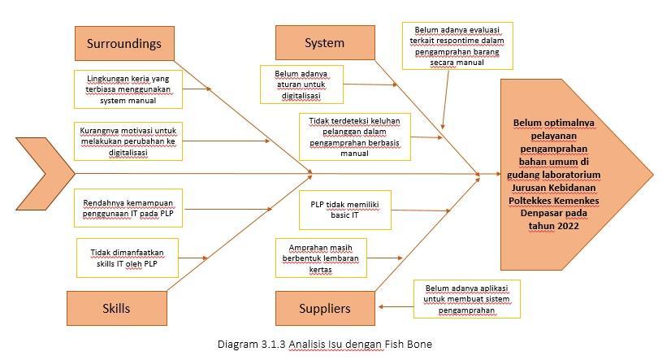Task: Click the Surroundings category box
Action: pos(124,44)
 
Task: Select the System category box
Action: pos(324,43)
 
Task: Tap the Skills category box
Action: pos(116,308)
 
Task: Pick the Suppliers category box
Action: pos(324,308)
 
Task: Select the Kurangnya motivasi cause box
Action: pos(128,141)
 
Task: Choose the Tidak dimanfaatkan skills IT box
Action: pos(127,258)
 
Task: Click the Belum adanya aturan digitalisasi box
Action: pos(301,85)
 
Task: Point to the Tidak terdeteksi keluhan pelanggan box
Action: pos(354,137)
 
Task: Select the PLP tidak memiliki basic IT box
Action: pos(340,210)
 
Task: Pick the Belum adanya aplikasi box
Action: pos(467,298)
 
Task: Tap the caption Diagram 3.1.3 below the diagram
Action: pos(324,345)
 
